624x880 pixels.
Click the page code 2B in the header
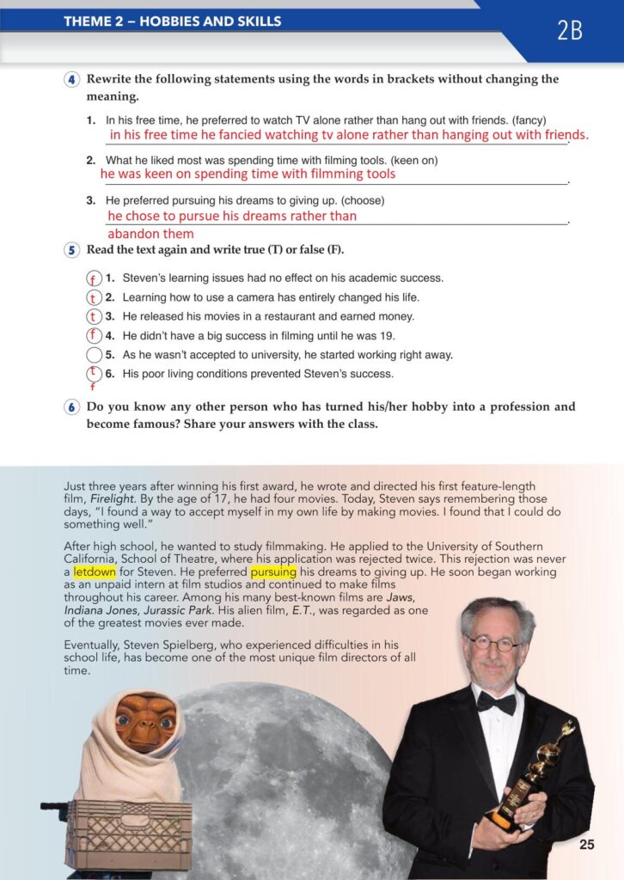570,32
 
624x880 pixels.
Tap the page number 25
587,845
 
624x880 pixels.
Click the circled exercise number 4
71,80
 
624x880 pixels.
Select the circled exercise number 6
71,407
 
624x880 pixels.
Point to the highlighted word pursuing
273,571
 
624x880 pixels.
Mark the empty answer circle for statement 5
95,355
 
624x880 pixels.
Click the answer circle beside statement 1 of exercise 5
95,278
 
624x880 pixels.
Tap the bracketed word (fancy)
527,120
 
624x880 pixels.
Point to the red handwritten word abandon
132,234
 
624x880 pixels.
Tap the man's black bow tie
497,703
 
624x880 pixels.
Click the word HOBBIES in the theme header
171,21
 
